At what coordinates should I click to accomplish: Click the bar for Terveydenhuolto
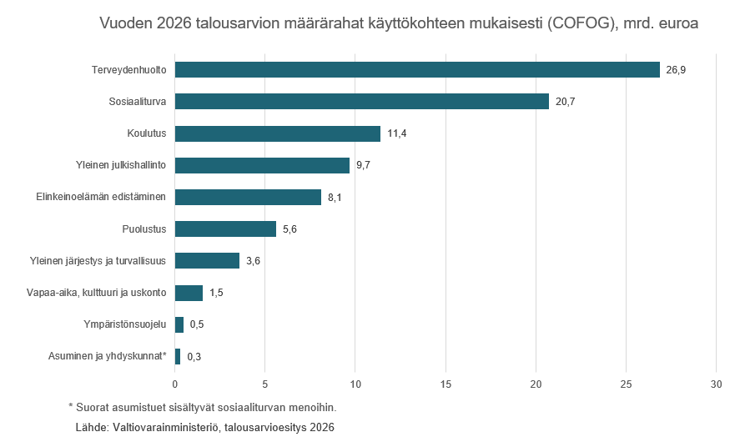(417, 69)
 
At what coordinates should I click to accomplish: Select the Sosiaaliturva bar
(361, 102)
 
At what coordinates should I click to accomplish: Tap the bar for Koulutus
(277, 133)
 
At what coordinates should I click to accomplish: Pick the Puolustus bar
(225, 229)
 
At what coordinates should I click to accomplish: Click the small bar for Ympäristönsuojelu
(179, 324)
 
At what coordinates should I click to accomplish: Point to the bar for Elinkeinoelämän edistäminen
(248, 198)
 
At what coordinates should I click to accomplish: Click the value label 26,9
(676, 70)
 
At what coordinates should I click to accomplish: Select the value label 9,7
(363, 166)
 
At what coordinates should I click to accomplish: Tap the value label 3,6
(254, 262)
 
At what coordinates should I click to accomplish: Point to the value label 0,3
(194, 357)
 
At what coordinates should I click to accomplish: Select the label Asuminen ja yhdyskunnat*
(108, 356)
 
